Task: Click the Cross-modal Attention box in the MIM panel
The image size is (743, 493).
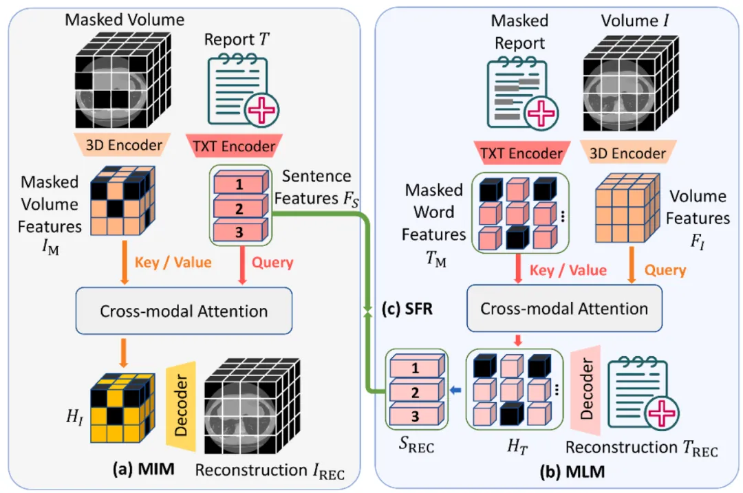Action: pos(184,311)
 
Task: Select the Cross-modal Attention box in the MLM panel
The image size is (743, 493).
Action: pos(564,309)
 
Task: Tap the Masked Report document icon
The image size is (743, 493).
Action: pos(521,94)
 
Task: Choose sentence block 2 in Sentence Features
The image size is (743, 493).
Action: pos(238,208)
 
